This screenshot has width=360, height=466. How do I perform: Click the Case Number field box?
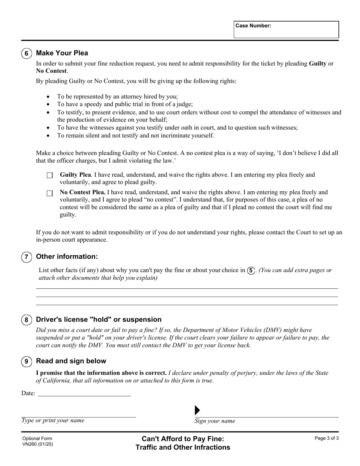coord(286,30)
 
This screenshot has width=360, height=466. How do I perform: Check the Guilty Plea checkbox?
coord(50,176)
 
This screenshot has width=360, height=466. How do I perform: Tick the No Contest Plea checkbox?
coord(50,194)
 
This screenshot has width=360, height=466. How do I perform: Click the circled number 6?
coord(27,53)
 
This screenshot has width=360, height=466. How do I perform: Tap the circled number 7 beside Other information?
coord(27,257)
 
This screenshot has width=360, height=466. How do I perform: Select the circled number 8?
coord(27,320)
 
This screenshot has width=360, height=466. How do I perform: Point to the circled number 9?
coord(27,361)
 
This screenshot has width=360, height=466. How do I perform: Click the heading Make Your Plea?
coord(62,53)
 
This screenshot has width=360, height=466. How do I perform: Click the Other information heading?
coord(67,256)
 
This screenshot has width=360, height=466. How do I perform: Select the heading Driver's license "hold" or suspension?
coord(99,319)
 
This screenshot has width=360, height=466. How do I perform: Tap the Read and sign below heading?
coord(71,361)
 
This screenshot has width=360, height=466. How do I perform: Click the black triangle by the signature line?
coord(197,410)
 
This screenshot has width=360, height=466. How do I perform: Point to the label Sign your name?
coord(215,421)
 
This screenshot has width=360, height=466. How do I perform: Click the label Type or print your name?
coord(53,420)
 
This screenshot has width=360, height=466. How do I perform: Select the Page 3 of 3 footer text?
coord(327,438)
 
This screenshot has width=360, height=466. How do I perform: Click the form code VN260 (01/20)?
coord(38,444)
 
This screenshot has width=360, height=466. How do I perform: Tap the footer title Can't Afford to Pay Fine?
coord(183,439)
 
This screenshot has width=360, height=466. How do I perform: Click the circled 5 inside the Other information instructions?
coord(251,271)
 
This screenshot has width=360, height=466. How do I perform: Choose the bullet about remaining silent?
coord(136,135)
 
